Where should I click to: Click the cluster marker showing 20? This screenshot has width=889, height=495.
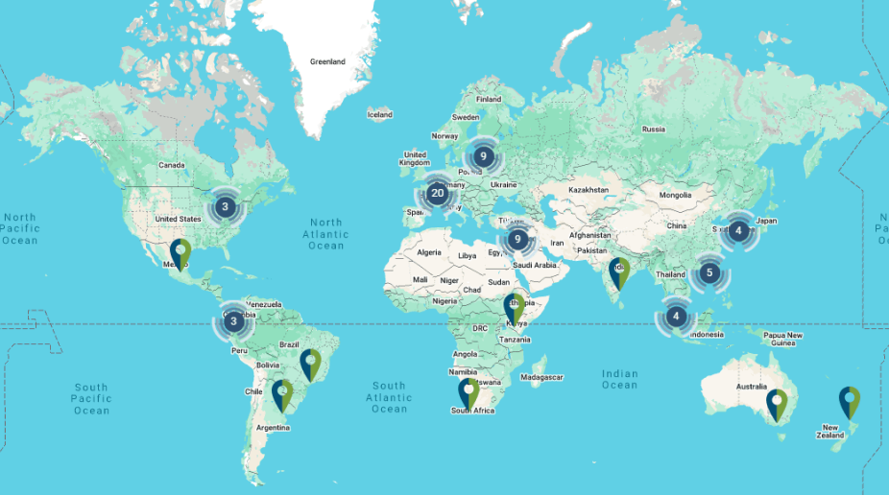click(438, 194)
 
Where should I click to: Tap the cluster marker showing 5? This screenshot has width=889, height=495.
click(709, 273)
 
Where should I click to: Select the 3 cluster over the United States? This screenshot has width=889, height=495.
click(225, 206)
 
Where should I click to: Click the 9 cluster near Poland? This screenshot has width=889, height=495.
click(483, 155)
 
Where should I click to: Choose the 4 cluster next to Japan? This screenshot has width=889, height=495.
click(738, 230)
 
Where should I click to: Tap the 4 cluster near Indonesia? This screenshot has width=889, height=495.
click(676, 316)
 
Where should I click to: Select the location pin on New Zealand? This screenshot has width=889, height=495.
click(850, 401)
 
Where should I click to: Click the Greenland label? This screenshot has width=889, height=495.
click(327, 62)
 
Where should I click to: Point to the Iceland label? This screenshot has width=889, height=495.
click(380, 115)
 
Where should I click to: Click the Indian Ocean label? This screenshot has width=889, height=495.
click(619, 379)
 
